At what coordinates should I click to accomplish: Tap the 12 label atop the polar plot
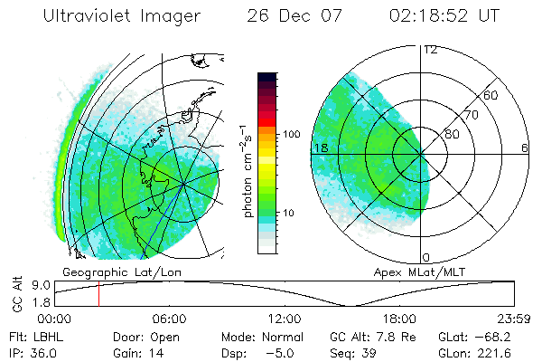(x=431, y=50)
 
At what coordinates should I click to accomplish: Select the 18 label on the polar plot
(x=319, y=148)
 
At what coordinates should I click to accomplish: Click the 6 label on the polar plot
(x=525, y=148)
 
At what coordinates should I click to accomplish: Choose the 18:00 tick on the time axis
(x=399, y=319)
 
